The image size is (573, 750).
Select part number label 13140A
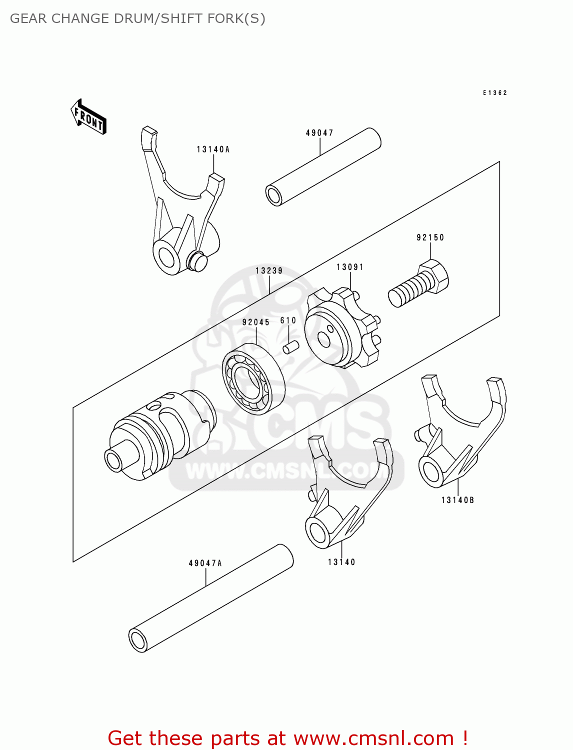point(213,149)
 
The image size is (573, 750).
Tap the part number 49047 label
point(319,133)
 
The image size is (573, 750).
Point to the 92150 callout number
point(430,237)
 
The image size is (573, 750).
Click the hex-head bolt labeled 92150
point(419,285)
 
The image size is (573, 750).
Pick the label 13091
point(350,267)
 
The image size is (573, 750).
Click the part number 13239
point(269,270)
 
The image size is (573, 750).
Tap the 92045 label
point(256,322)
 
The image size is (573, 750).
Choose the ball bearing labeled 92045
point(253,378)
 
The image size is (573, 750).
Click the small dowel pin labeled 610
point(291,347)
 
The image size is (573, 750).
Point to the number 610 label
point(288,320)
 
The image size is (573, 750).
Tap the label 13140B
point(457,500)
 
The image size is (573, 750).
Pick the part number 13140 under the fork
point(341,562)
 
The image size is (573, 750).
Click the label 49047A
point(205,563)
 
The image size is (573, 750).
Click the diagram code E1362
point(495,93)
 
